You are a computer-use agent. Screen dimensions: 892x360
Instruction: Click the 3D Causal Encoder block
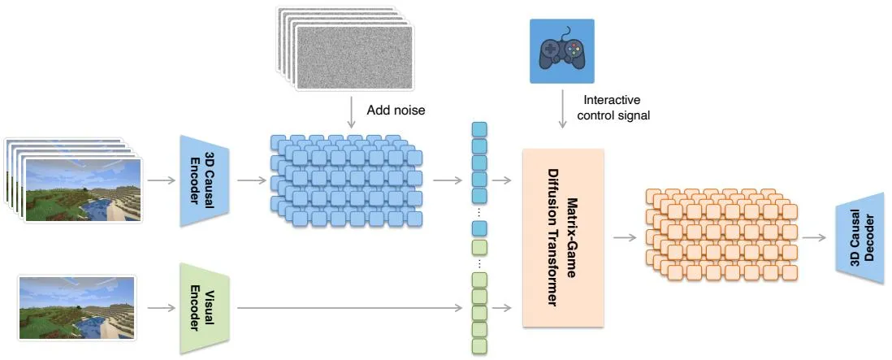coord(204,181)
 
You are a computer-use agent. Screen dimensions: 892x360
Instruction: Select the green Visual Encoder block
coord(204,308)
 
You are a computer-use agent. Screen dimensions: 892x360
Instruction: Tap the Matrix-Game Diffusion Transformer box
coord(563,238)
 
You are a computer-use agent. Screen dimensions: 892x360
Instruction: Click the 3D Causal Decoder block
coord(860,238)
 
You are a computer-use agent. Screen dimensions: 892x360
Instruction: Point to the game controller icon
coord(562,51)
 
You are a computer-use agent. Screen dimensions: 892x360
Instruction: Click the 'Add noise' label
coord(396,110)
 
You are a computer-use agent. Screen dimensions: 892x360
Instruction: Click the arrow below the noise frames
coord(352,111)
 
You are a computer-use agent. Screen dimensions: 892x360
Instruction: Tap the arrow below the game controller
coord(562,110)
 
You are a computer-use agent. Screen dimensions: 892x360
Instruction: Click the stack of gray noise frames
coord(345,48)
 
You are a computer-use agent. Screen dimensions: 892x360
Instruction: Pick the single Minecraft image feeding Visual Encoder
coord(77,308)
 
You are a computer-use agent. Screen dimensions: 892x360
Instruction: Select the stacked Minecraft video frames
coord(72,180)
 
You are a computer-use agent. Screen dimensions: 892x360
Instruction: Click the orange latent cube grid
coord(721,234)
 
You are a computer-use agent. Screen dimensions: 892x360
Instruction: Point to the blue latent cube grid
coord(346,181)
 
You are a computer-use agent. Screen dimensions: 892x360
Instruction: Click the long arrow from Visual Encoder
coord(350,308)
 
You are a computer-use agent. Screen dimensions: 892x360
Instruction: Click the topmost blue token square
coord(480,130)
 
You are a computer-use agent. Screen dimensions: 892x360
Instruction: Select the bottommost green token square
coord(480,346)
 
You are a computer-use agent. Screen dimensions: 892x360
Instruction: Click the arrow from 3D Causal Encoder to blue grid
coord(252,181)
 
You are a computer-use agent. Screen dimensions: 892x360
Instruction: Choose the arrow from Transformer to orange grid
coord(625,237)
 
